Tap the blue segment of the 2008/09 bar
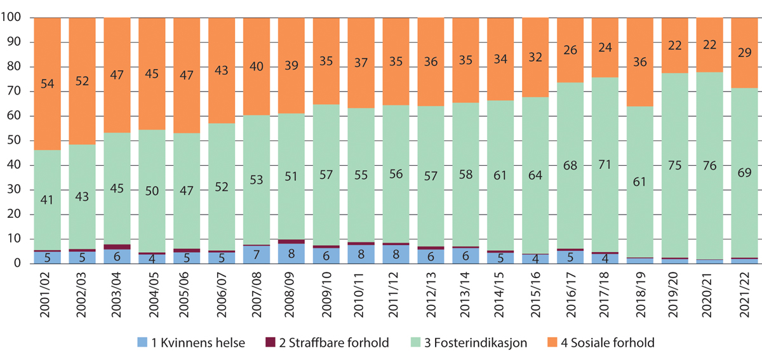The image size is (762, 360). tap(291, 253)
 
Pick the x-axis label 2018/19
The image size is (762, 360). tap(641, 293)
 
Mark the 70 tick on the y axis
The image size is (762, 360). tap(19, 92)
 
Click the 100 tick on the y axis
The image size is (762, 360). tap(15, 18)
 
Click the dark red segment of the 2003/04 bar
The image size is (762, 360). tap(117, 247)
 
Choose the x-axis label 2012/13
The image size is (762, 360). tap(432, 293)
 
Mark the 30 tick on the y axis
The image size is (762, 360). tap(19, 190)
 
